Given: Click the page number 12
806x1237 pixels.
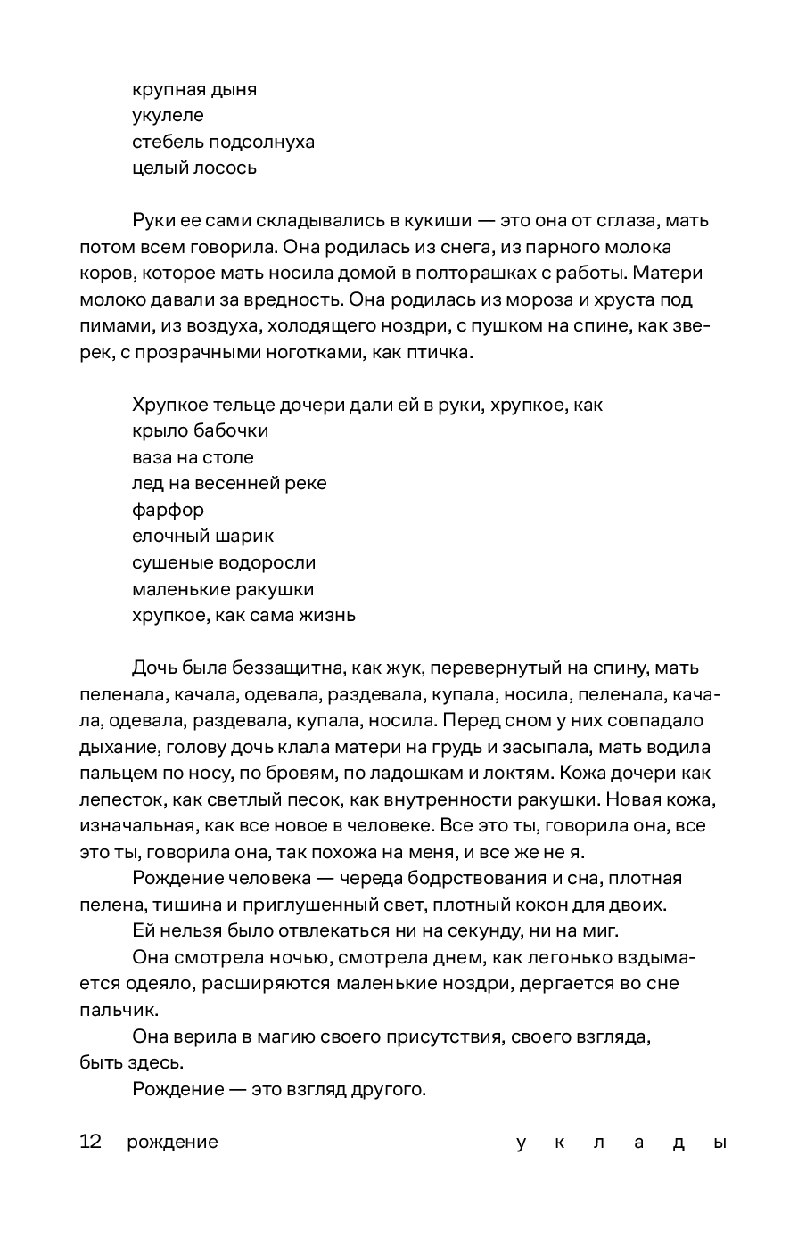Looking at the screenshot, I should (x=90, y=1142).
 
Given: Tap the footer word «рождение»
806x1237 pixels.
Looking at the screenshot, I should (x=172, y=1143).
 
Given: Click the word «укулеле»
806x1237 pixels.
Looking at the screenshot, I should (x=168, y=115).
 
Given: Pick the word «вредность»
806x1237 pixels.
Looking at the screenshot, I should (x=284, y=299).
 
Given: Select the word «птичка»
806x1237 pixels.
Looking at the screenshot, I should (x=437, y=352).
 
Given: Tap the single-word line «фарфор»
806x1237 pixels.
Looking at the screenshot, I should (x=168, y=510).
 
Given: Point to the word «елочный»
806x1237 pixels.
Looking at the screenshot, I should (x=170, y=537).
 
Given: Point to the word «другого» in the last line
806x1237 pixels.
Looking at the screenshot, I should (x=389, y=1089).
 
